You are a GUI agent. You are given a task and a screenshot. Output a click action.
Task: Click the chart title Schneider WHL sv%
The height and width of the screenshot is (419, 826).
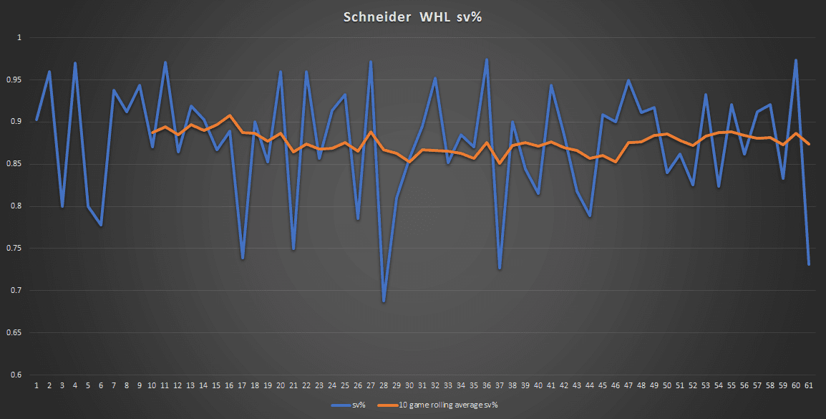click(412, 16)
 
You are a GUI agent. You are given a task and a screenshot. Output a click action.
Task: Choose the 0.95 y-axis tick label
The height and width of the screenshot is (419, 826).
click(15, 80)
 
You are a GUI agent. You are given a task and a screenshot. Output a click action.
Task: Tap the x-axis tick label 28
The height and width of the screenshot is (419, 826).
click(384, 385)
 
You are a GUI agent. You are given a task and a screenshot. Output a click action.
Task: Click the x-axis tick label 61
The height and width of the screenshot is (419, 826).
click(809, 385)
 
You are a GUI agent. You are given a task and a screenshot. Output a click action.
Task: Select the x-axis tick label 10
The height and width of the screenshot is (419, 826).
click(152, 385)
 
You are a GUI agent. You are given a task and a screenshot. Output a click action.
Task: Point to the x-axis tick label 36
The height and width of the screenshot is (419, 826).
click(487, 385)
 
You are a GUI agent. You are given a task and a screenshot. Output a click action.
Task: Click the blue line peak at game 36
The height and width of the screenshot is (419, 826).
click(487, 59)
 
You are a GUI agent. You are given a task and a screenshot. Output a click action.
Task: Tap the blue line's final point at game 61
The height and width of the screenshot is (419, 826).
click(809, 265)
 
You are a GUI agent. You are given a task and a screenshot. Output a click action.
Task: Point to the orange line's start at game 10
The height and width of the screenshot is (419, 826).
click(152, 133)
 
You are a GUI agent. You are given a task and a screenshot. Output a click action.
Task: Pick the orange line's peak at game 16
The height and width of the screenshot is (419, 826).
click(229, 115)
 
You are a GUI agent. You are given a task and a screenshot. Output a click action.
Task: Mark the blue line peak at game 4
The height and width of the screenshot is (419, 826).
click(75, 63)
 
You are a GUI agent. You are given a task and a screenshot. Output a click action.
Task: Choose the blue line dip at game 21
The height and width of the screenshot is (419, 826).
click(293, 249)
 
